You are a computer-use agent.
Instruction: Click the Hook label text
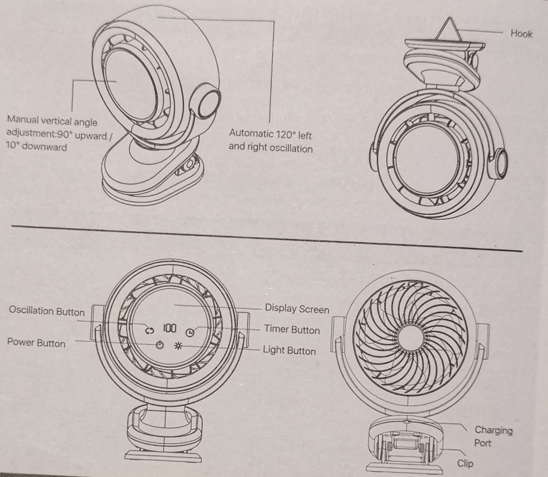pos(521,34)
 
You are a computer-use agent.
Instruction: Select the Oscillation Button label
pos(47,311)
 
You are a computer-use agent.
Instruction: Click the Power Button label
pos(36,343)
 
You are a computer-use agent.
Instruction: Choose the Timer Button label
pos(292,329)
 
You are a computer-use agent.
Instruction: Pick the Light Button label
pos(289,350)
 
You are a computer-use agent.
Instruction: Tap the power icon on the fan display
pos(160,345)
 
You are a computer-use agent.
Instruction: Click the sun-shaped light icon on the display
pos(178,346)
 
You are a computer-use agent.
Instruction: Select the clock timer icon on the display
pos(190,332)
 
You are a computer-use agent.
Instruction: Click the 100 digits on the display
pos(170,328)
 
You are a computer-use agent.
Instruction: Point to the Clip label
pos(465,463)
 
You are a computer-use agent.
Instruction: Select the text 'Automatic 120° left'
pos(270,134)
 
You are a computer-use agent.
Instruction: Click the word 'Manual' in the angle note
pos(23,120)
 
